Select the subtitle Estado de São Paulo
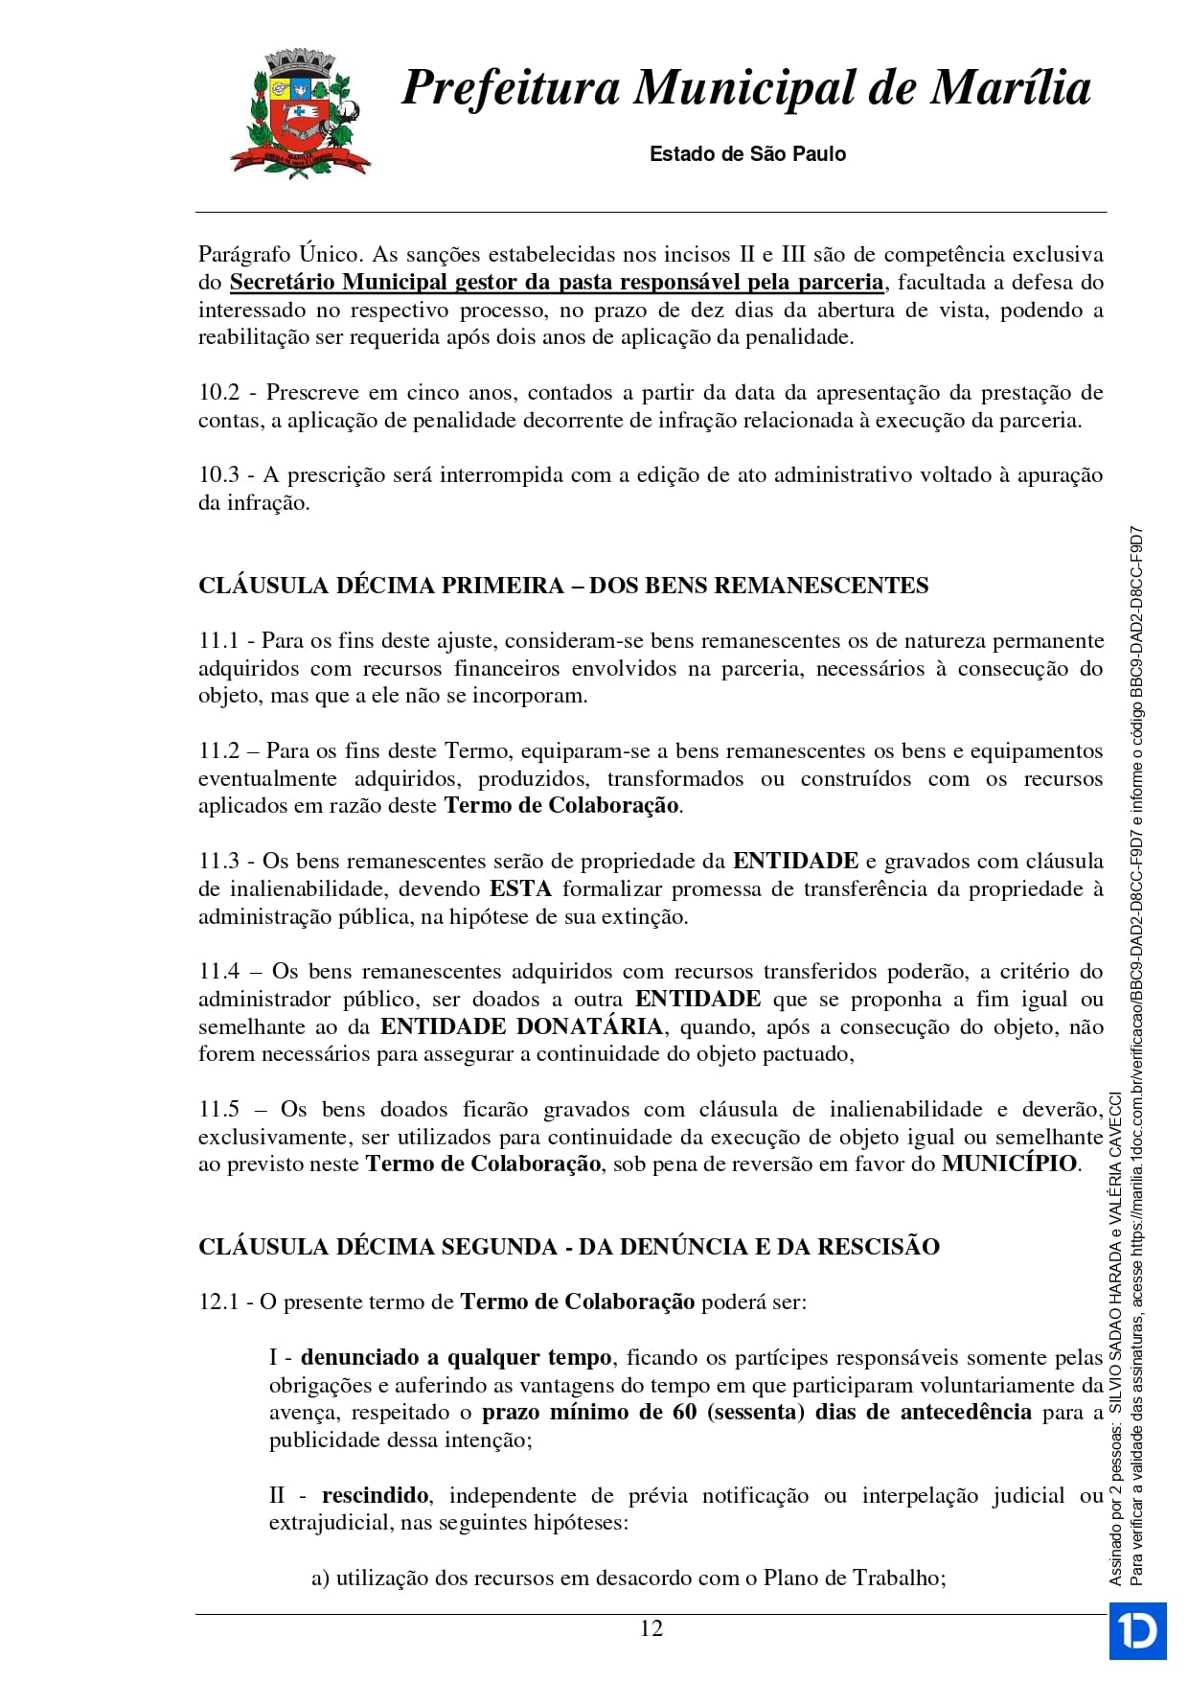click(747, 154)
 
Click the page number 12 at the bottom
click(651, 1628)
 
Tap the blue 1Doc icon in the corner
click(1137, 1629)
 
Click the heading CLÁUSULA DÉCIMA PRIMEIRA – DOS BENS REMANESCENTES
click(563, 586)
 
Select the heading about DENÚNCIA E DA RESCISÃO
click(569, 1247)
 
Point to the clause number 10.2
click(218, 393)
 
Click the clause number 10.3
click(218, 475)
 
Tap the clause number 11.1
click(218, 640)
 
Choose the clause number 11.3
click(218, 861)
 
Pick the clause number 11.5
click(218, 1109)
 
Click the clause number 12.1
click(218, 1302)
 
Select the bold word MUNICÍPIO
click(1010, 1164)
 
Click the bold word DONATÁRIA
click(589, 1026)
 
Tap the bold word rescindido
click(375, 1495)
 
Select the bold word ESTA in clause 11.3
click(520, 888)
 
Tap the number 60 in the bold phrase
click(684, 1412)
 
